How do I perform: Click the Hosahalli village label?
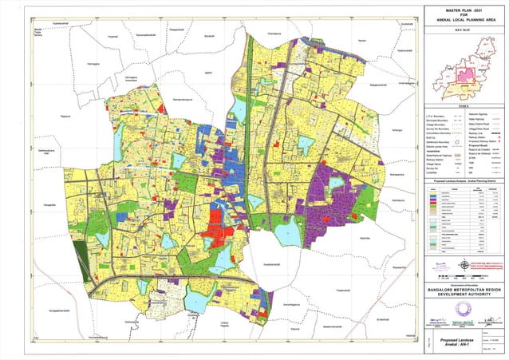112,37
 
